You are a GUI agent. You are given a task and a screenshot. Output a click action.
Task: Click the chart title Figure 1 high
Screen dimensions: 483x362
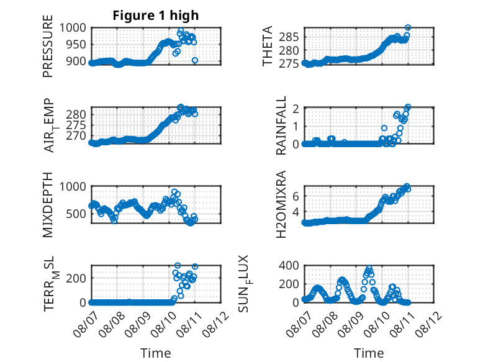pos(156,16)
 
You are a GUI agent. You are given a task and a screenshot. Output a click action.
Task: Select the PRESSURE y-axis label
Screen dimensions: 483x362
pos(48,46)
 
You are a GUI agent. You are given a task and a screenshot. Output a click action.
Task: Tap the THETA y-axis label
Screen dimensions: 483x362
pos(268,46)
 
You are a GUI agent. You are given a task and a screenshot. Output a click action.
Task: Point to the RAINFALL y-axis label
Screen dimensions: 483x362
pos(281,125)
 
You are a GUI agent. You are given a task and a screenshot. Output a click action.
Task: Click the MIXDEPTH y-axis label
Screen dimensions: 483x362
pos(48,205)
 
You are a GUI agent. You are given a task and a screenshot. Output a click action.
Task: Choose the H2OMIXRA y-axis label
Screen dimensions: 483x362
pos(281,204)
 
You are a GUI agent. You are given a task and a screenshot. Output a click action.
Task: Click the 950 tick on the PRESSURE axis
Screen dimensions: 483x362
pos(76,45)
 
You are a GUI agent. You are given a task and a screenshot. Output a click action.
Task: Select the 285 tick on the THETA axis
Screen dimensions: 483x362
pos(289,37)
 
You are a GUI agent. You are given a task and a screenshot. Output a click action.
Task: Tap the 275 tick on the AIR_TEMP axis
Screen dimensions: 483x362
pos(76,125)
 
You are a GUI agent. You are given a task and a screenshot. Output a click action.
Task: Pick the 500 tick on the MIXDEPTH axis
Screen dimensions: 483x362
pos(76,214)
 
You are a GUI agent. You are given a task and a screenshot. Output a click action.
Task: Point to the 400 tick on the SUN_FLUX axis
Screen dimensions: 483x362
pos(289,265)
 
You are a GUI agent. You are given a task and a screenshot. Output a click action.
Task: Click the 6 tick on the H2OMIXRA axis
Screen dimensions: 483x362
pos(296,196)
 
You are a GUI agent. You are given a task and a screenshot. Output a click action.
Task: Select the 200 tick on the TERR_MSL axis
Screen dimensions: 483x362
pos(76,278)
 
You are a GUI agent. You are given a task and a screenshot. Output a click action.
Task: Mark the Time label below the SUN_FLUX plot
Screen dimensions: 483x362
pos(369,353)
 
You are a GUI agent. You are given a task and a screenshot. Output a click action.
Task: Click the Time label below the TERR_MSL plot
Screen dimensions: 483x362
pos(156,353)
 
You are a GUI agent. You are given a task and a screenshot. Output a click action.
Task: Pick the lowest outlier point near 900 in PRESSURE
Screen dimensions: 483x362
pos(195,60)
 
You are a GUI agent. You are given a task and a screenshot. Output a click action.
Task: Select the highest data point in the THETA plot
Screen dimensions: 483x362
pos(408,27)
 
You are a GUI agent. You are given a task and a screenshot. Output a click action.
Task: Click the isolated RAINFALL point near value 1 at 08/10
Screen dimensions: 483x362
pos(384,128)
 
